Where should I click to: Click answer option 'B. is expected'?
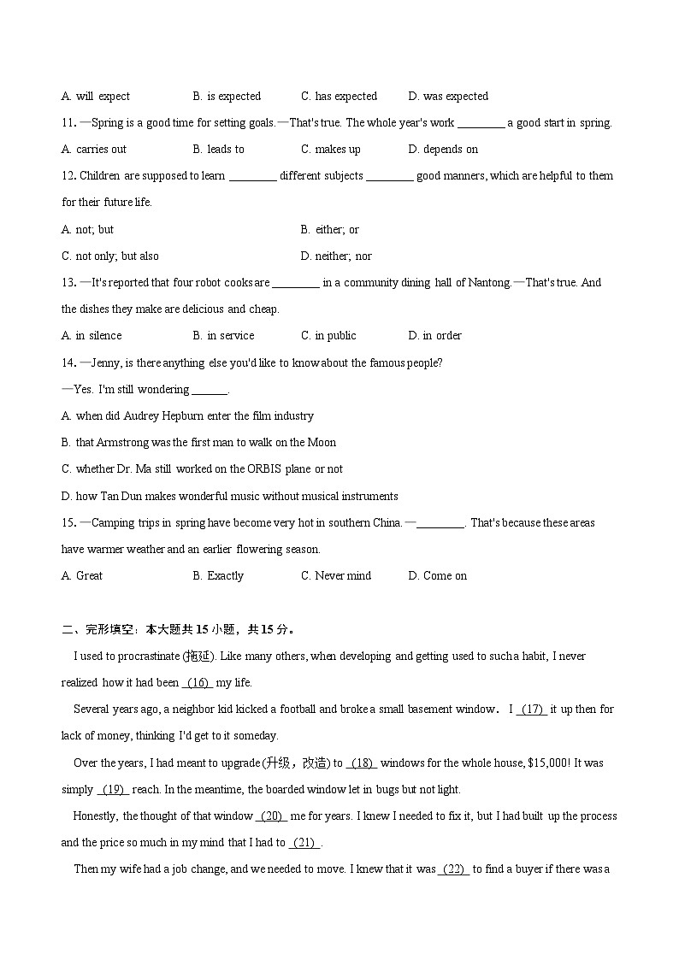point(227,97)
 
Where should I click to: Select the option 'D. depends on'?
point(443,150)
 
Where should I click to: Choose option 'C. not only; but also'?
point(110,256)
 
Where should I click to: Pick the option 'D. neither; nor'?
point(336,256)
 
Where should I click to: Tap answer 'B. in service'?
point(223,336)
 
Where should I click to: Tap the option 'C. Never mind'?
point(336,576)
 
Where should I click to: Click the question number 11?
point(68,123)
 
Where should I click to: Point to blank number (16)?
point(198,683)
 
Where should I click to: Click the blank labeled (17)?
point(531,710)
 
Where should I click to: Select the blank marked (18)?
point(362,763)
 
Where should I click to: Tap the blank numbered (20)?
point(272,816)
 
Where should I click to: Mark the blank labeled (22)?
point(454,869)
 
